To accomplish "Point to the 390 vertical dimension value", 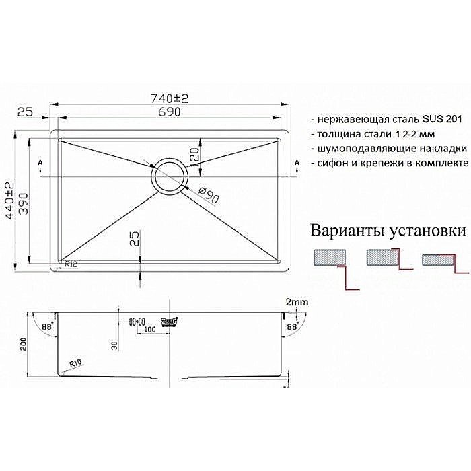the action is pos(24,198).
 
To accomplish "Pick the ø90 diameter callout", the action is pos(209,196).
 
